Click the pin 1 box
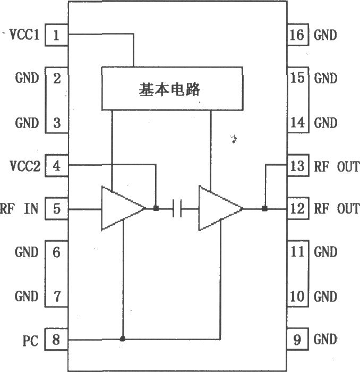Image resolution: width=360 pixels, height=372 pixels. coord(57,36)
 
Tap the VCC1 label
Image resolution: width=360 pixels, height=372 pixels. coord(24,36)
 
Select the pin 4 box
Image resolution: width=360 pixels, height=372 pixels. coord(57,166)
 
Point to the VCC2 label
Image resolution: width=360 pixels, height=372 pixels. coord(24,166)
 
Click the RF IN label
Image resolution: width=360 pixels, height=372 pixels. coord(20,209)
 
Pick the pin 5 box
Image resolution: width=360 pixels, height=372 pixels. coord(57,209)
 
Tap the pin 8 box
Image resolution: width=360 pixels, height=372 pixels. coord(57,339)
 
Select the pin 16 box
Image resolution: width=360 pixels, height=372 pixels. coord(297,36)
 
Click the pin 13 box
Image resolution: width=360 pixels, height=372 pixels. coord(297,166)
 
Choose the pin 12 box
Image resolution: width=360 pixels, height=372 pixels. coord(297,209)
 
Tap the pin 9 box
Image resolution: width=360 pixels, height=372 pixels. coord(297,339)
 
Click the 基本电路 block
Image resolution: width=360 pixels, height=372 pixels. coord(172,88)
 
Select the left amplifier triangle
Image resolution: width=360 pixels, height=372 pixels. coord(119,208)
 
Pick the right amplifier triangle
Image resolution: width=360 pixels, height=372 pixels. coord(218,208)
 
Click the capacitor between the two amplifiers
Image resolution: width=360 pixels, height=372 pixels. coord(178,209)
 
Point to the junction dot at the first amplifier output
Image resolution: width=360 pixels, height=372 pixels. coord(156,208)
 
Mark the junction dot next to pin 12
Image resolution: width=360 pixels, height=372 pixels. coord(264,208)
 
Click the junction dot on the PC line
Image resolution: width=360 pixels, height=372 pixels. coord(123,339)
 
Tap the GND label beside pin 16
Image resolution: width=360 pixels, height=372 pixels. coord(325,36)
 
